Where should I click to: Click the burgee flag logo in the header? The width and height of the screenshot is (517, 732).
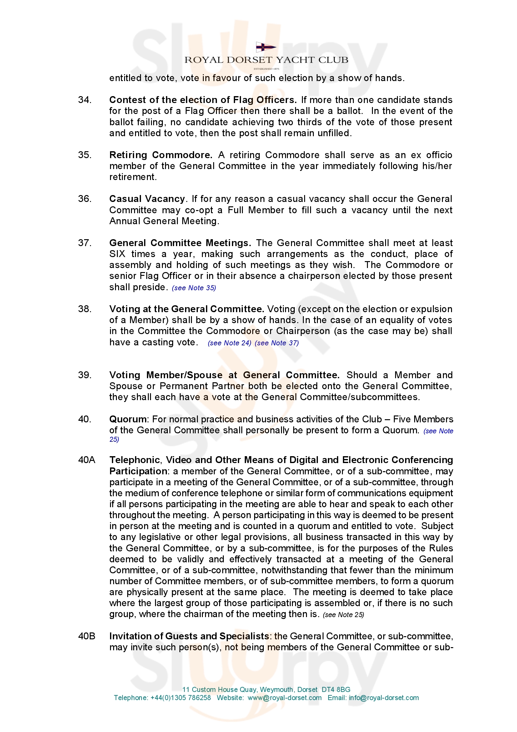(266, 48)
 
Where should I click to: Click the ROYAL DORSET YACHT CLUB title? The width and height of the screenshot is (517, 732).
(266, 60)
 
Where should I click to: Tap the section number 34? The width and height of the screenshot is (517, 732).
(85, 100)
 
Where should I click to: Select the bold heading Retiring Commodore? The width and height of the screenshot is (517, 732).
(161, 155)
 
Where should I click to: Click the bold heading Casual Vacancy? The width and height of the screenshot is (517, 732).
(147, 199)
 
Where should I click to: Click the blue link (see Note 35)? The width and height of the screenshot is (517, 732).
(194, 288)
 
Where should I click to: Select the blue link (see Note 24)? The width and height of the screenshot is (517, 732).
(229, 343)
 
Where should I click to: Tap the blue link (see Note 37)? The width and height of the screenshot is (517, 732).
(277, 343)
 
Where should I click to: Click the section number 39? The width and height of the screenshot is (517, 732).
(85, 375)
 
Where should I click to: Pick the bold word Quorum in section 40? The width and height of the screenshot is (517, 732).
(128, 419)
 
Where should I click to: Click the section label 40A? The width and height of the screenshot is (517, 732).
(87, 460)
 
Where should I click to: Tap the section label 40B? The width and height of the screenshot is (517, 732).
(87, 637)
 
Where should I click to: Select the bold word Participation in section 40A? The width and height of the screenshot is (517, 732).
(138, 471)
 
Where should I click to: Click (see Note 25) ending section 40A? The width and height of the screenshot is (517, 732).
(343, 615)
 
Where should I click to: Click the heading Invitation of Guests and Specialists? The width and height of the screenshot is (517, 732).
(189, 637)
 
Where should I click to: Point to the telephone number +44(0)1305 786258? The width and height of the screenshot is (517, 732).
(180, 698)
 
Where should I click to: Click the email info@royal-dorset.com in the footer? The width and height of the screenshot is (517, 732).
(384, 698)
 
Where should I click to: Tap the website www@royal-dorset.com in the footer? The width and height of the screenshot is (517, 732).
(284, 698)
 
